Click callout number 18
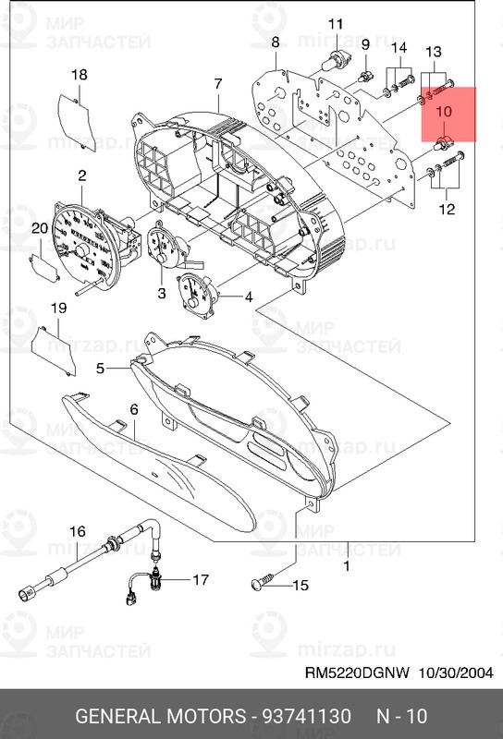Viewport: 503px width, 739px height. pos(80,75)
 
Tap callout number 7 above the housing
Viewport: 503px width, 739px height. pos(218,84)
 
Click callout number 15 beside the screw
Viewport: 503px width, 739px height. pos(300,585)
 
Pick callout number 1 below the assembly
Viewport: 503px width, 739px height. pos(346,565)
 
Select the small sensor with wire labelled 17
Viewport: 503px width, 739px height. pos(161,579)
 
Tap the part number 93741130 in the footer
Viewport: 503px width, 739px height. pos(308,716)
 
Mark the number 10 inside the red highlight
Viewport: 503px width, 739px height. pos(444,110)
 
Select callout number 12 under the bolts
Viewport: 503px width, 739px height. pos(447,210)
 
